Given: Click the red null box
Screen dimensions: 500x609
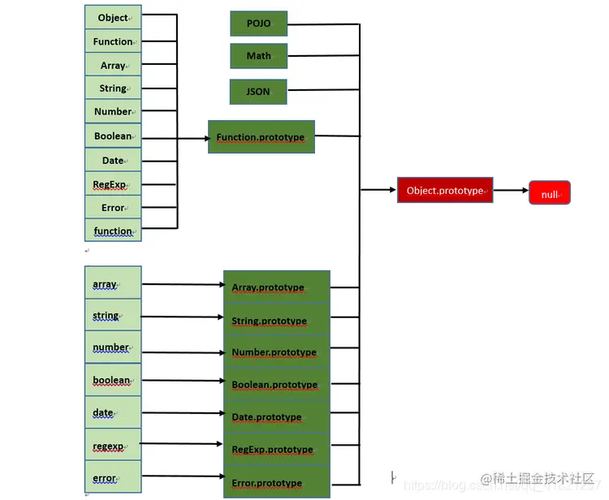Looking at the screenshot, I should click(550, 192).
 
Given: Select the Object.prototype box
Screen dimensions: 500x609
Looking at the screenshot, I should click(444, 190).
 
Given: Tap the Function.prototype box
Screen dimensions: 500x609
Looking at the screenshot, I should click(261, 137).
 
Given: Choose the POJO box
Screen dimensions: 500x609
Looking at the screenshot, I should click(258, 24).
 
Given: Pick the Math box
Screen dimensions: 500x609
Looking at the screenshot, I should click(258, 56).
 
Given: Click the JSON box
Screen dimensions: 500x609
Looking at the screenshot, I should click(258, 92).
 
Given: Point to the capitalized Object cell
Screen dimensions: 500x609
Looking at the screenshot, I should click(113, 17).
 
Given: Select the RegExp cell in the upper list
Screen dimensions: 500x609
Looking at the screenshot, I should click(113, 184).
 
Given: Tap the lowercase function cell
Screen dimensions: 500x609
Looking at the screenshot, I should click(113, 231).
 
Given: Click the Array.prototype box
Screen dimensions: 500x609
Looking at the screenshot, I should click(276, 287).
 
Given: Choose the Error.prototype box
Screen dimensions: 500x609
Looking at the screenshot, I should click(276, 482).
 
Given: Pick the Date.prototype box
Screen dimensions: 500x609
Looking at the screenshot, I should click(276, 417).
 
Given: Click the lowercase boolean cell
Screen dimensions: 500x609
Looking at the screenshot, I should click(113, 380).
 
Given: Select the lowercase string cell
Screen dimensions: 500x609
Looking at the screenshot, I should click(113, 315).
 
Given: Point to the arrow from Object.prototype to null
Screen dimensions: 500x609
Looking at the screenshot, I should click(511, 191).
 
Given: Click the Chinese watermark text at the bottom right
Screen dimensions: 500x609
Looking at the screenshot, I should click(538, 478).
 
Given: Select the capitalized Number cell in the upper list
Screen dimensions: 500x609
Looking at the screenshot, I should click(113, 111).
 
